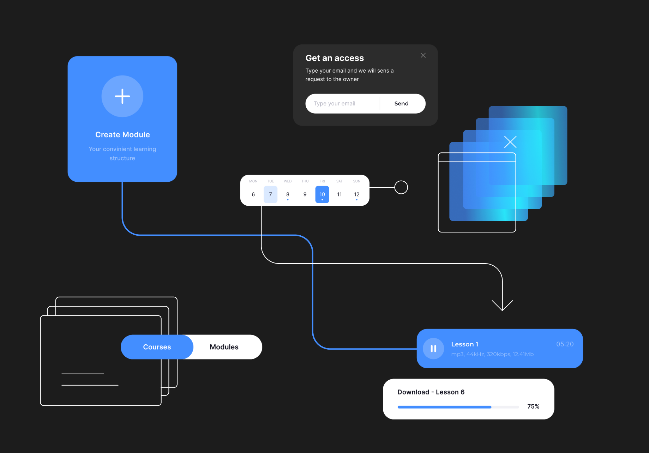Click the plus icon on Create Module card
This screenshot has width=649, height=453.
point(122,96)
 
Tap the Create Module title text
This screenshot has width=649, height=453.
point(122,135)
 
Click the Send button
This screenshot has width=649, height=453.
point(401,103)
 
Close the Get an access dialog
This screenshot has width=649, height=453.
point(423,55)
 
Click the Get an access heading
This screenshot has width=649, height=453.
point(335,58)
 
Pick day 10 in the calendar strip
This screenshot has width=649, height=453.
point(322,194)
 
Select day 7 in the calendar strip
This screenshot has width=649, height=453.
point(270,194)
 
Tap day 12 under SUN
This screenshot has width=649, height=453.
point(356,194)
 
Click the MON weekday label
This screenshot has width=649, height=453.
point(253,181)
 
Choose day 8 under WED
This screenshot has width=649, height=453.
point(288,194)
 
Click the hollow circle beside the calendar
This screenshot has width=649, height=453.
point(401,187)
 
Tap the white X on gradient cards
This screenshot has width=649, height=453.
point(510,142)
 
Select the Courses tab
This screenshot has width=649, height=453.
point(157,347)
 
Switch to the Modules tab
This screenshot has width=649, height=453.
point(224,347)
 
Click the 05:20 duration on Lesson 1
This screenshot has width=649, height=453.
point(565,344)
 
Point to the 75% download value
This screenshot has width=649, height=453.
point(533,406)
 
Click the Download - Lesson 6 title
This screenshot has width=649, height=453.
point(431,392)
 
